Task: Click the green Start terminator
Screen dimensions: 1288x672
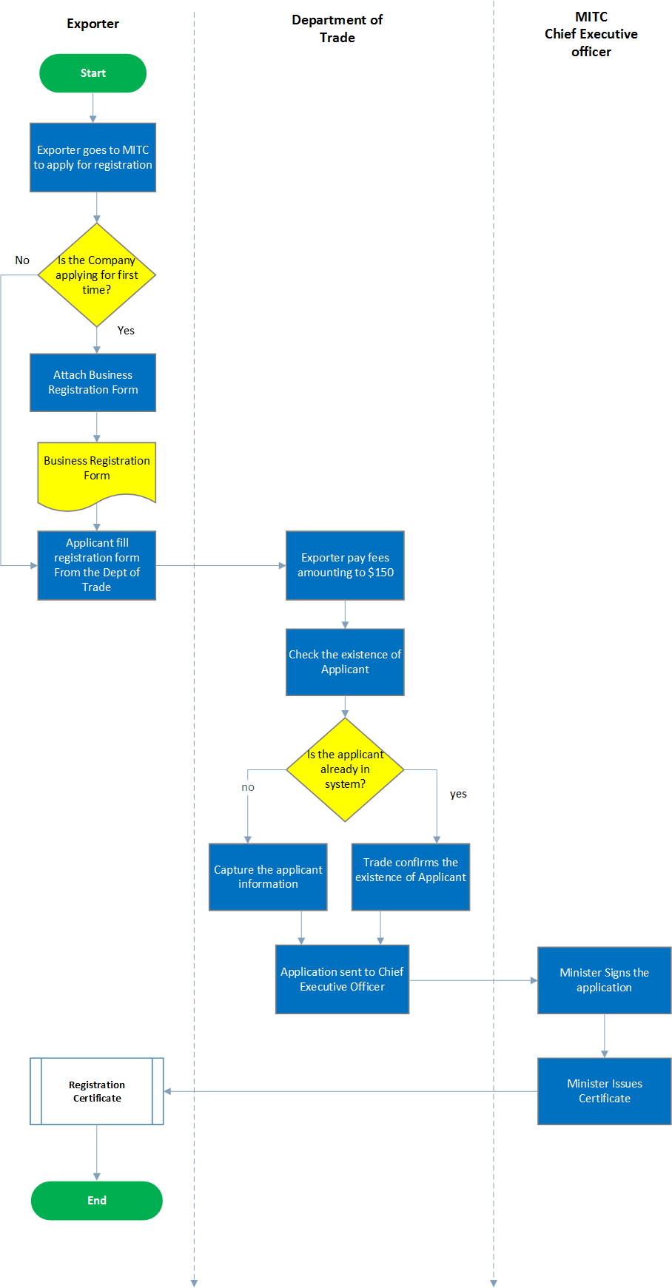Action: tap(93, 73)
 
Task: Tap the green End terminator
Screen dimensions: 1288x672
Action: tap(96, 1200)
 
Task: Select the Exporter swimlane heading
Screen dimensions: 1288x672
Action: tap(93, 24)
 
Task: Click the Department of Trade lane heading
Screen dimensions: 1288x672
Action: tap(337, 29)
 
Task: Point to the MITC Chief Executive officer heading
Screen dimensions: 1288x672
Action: tap(591, 34)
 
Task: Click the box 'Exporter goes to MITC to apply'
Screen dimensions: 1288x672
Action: tap(93, 158)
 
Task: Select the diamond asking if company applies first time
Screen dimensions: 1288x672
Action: tap(96, 275)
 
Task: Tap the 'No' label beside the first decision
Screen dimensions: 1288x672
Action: tap(22, 260)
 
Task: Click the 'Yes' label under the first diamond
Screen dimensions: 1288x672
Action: tap(126, 331)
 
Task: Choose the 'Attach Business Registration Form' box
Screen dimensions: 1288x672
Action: tap(93, 382)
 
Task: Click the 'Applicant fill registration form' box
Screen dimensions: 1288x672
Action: tap(96, 565)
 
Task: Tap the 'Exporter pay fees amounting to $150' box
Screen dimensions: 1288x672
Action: tap(345, 565)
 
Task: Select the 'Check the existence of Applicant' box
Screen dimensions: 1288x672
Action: tap(345, 662)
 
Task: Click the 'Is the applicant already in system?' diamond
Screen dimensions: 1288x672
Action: tap(345, 769)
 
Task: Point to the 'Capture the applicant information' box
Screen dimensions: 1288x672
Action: tap(268, 877)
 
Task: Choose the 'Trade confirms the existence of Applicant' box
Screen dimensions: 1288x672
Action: tap(410, 877)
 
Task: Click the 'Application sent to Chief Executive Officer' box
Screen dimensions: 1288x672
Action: tap(342, 979)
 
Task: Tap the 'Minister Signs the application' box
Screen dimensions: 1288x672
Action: tap(604, 980)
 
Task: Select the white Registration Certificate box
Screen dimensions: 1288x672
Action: tap(96, 1091)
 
